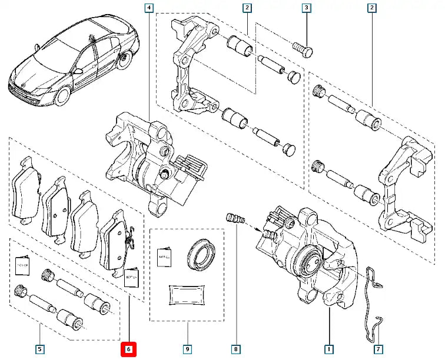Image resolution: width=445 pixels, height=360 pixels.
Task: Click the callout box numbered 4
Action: (149, 8)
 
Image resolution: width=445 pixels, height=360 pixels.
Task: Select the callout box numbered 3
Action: (306, 8)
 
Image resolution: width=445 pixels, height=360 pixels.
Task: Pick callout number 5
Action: (39, 349)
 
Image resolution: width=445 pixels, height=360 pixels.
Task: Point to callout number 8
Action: (235, 349)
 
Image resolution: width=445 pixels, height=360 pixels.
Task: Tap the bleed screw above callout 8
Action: (235, 219)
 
